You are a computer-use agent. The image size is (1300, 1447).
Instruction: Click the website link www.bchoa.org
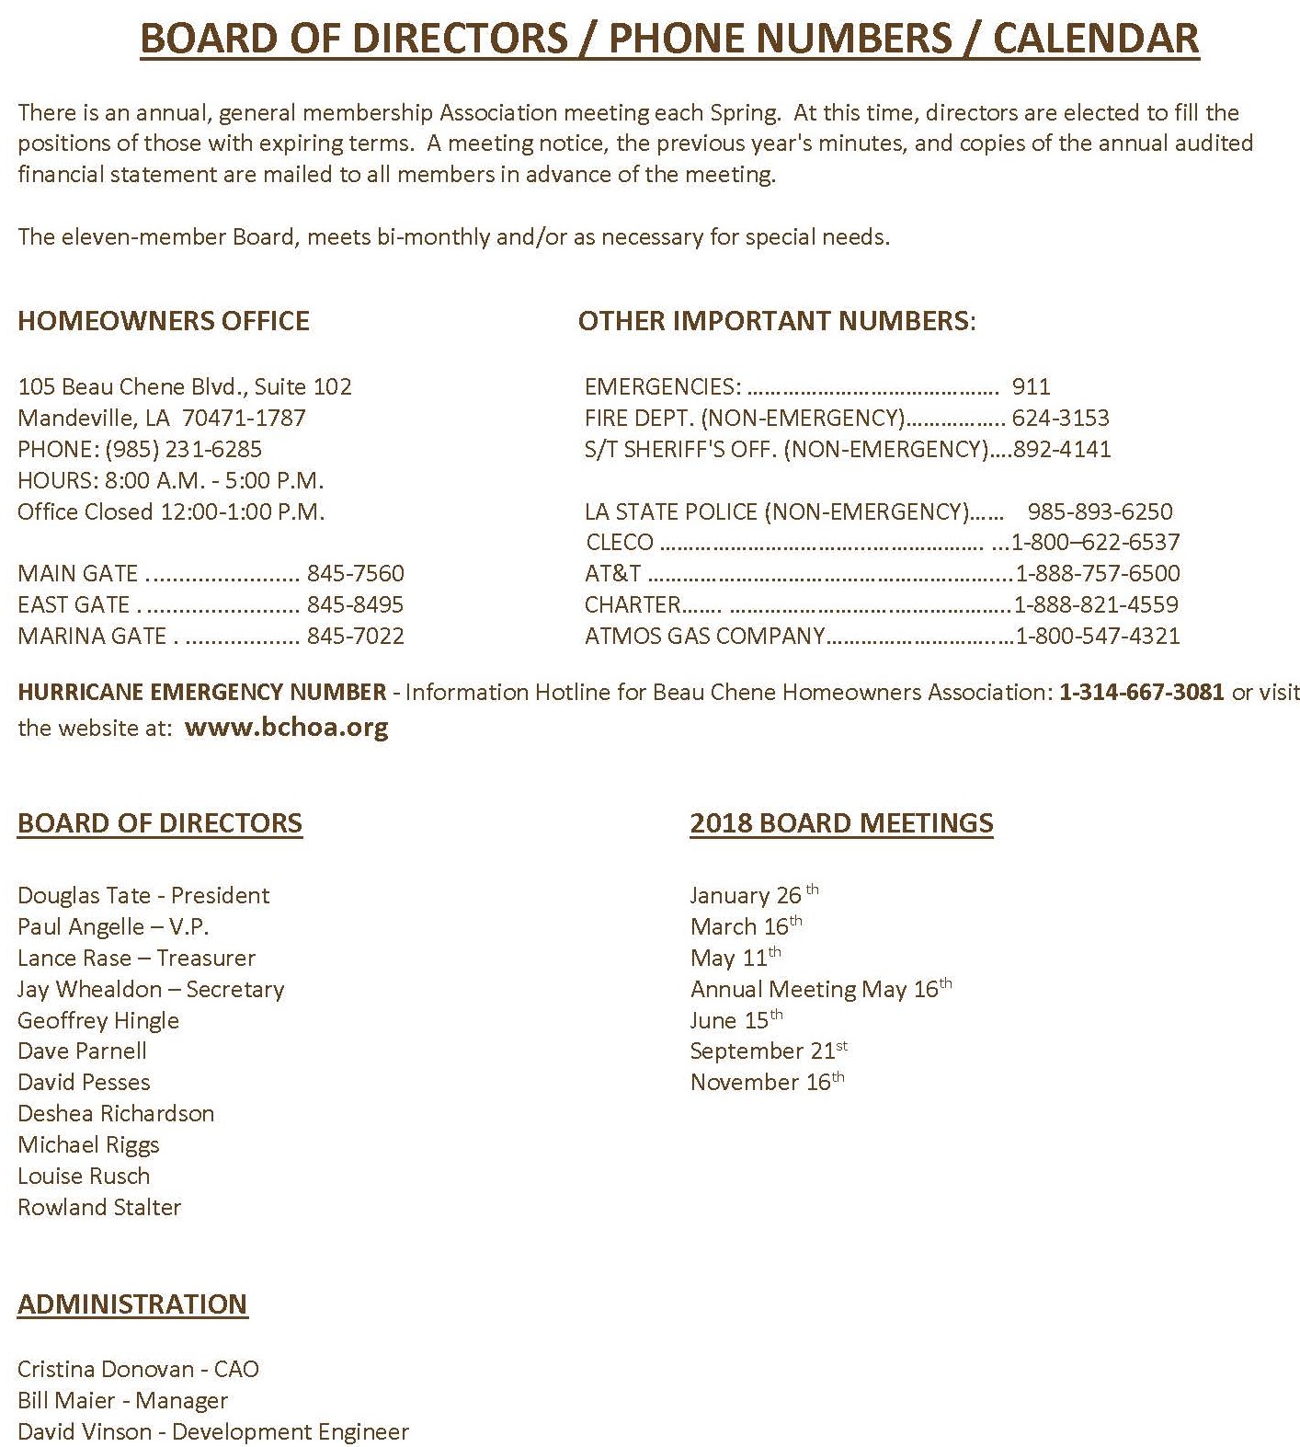coord(286,728)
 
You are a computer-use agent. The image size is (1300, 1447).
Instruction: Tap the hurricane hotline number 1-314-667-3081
coord(1141,692)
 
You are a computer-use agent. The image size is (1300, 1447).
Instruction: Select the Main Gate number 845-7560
coord(355,573)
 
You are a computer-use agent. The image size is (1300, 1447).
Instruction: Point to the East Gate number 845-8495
coord(355,604)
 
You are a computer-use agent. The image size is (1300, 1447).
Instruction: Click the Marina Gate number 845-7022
coord(355,636)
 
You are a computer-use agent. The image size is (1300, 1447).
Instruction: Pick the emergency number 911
coord(1031,386)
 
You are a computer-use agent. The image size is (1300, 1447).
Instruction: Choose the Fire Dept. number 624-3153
coord(1060,418)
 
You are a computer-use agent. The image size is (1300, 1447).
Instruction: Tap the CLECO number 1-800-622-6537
coord(1095,542)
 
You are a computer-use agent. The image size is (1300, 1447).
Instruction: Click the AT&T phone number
coord(1097,573)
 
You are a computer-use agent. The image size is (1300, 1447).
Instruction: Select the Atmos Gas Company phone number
coord(1097,636)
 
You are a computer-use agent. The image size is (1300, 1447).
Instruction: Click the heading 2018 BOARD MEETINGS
coord(841,822)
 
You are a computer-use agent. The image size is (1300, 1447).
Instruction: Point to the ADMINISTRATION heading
coord(132,1303)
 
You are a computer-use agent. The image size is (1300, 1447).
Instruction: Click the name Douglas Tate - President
coord(143,895)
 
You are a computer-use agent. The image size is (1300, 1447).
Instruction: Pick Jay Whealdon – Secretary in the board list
coord(151,989)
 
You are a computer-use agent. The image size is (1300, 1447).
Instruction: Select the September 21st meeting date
coord(769,1051)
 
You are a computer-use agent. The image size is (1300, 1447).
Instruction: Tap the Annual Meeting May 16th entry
coord(820,989)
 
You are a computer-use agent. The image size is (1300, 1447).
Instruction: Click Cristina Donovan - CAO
coord(138,1369)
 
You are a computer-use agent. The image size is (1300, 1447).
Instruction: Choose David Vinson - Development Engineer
coord(212,1431)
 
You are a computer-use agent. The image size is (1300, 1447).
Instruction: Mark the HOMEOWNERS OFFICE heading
coord(164,320)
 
